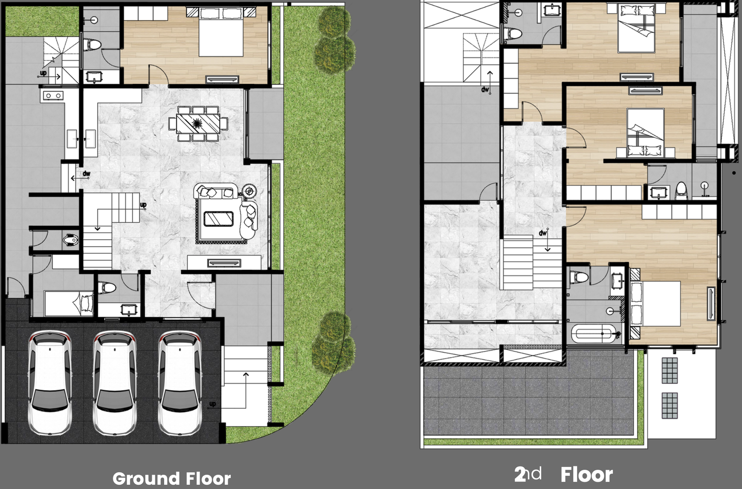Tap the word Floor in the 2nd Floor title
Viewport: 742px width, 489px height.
point(586,475)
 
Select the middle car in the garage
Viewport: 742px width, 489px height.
point(115,382)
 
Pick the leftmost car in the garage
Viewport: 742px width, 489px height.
point(49,382)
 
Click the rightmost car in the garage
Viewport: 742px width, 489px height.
point(180,382)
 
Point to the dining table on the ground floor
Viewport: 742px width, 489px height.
point(198,124)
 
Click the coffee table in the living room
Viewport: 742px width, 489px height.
point(218,219)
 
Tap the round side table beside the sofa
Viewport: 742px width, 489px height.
point(249,191)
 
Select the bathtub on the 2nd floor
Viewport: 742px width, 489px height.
point(594,333)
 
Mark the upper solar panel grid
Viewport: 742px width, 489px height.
point(670,370)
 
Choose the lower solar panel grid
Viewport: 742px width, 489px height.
point(670,405)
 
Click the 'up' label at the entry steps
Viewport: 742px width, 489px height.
point(212,404)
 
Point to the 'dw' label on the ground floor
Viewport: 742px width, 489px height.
point(87,174)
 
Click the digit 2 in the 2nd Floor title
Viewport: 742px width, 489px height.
point(520,474)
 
